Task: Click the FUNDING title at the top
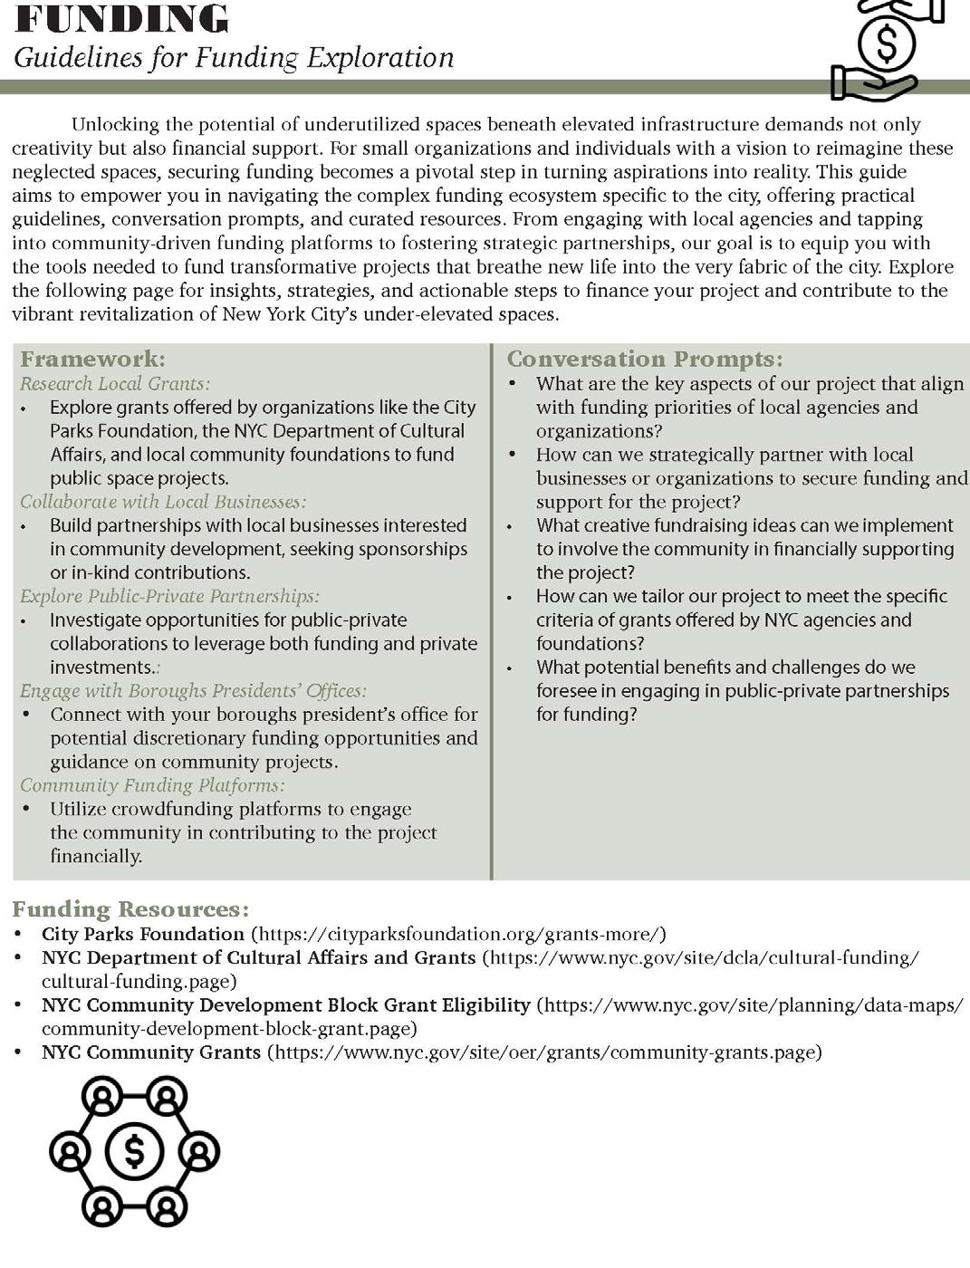121,18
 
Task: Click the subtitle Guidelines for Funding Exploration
233,58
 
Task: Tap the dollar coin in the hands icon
886,43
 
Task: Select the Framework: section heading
92,359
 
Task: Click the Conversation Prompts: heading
644,359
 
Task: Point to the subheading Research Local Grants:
115,384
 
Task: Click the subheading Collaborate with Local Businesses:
163,502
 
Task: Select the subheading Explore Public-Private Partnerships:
169,596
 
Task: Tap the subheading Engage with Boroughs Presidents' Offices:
193,691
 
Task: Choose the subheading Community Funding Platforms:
152,785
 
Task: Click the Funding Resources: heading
130,909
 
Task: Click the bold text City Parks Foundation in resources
143,934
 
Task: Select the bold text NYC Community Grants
150,1052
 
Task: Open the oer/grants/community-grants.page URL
543,1052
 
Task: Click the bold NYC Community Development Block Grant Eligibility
285,1005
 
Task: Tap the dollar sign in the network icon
134,1152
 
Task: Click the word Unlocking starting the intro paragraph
114,125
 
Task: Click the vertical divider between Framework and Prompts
491,611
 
